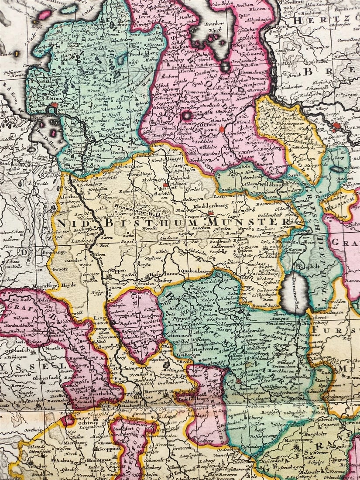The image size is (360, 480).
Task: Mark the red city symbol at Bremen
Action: (x=336, y=127)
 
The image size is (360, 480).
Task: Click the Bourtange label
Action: (x=54, y=252)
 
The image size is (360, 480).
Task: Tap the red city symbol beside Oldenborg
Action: (x=222, y=129)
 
